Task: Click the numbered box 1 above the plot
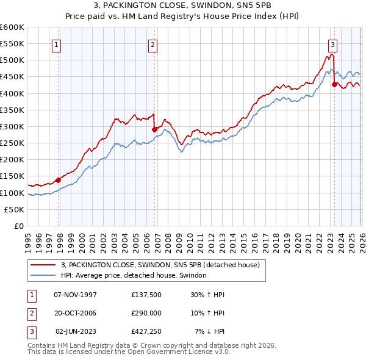[56, 44]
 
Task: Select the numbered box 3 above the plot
[332, 44]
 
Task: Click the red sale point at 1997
[59, 180]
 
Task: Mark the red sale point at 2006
[154, 129]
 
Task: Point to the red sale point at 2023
[334, 84]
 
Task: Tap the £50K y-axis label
[15, 209]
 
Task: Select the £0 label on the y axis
[18, 226]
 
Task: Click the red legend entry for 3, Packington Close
[160, 265]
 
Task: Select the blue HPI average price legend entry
[134, 275]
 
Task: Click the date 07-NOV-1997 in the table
[75, 295]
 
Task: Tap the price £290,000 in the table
[146, 313]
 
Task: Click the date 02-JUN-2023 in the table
[76, 331]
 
